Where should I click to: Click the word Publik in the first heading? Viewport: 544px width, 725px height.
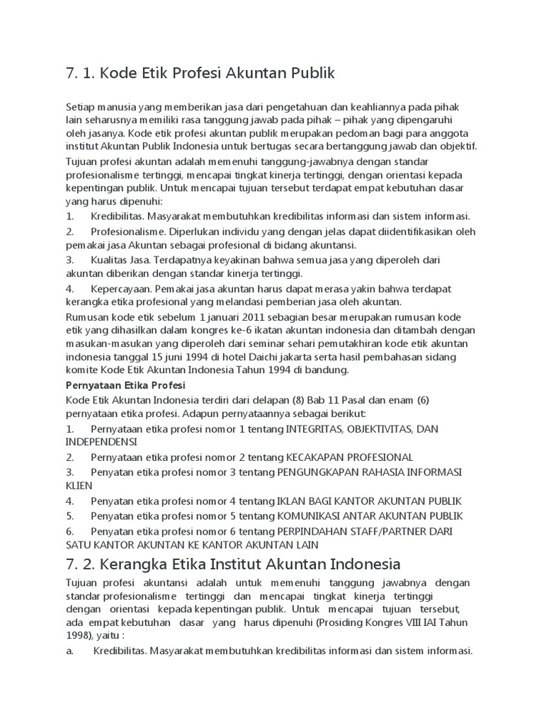(308, 73)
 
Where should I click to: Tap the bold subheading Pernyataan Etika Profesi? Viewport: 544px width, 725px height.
(125, 384)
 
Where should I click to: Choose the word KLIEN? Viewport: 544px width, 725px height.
(78, 486)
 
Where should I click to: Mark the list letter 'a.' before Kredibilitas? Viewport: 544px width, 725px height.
(70, 651)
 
